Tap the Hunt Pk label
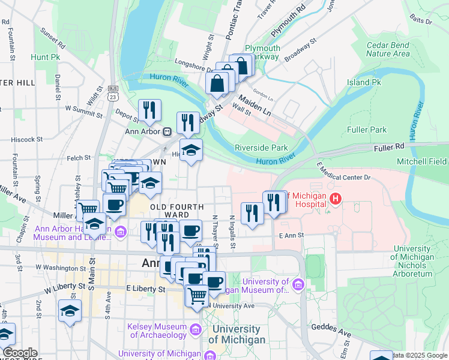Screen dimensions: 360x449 click(47, 57)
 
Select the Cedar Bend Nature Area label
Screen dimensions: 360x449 click(388, 49)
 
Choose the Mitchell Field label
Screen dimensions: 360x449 click(421, 161)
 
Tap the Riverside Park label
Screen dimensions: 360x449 click(261, 148)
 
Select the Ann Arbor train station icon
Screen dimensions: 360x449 click(167, 131)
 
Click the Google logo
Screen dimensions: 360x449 click(20, 353)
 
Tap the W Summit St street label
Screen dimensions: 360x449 click(84, 109)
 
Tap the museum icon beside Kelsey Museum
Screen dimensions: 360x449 click(195, 329)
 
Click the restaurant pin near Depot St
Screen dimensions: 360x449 click(148, 110)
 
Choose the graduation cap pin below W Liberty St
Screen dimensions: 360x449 click(70, 311)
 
